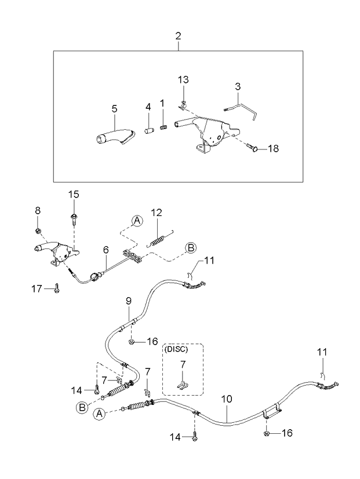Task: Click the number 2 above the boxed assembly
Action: tap(178, 36)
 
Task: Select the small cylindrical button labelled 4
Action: tap(148, 130)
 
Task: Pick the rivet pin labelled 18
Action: tap(252, 148)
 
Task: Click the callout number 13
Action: tap(183, 80)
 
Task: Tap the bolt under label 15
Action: tap(74, 219)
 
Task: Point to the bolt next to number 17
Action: tap(56, 288)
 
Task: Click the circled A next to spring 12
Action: tap(137, 220)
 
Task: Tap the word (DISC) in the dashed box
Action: tap(176, 349)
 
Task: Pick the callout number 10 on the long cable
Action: tap(227, 399)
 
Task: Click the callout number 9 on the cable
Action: tap(129, 301)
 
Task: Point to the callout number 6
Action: tap(106, 250)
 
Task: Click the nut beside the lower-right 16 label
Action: tap(266, 433)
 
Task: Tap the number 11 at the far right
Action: tap(322, 352)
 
